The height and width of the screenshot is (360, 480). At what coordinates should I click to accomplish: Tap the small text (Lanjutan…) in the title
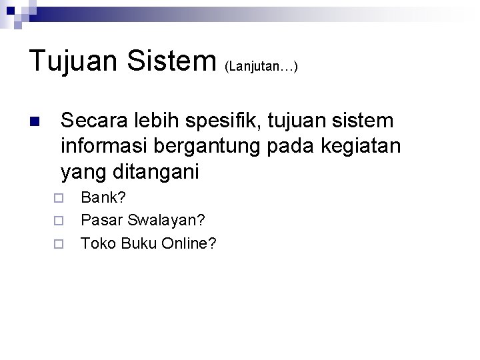pos(261,66)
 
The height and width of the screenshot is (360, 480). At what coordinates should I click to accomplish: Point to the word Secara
pos(91,121)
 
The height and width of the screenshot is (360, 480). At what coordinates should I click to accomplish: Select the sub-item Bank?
pos(103,197)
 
